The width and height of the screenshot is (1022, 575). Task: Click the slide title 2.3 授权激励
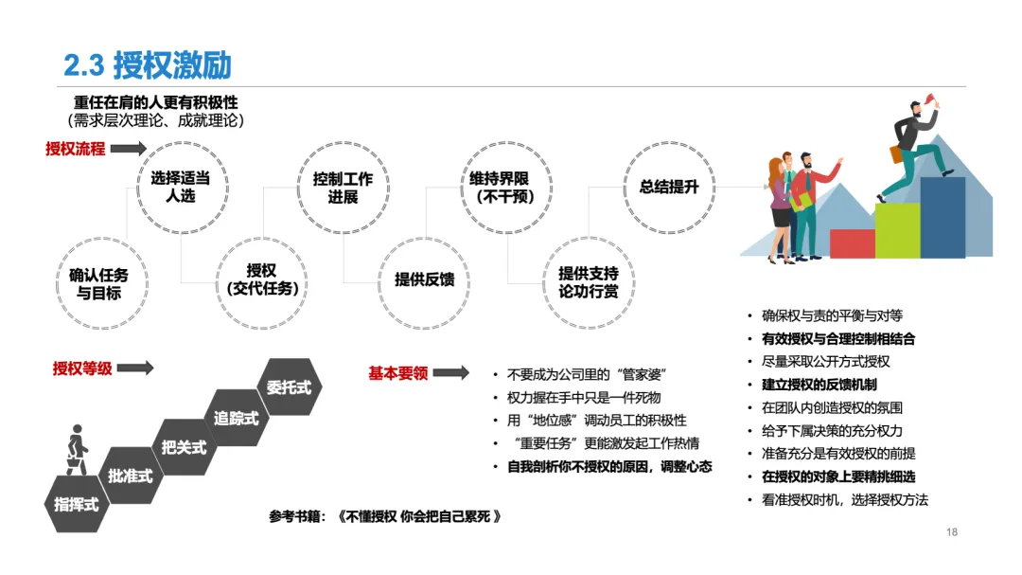tap(148, 64)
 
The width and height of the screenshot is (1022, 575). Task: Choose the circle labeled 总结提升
tap(668, 187)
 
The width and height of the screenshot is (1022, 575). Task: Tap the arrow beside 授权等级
tap(135, 368)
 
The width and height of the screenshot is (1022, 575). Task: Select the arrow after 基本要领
tap(450, 373)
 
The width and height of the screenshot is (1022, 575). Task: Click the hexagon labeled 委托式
tap(289, 387)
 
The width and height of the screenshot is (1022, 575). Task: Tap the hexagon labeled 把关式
tap(184, 446)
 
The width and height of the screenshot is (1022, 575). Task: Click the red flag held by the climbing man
tap(930, 98)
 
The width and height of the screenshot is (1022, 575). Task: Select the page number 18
tap(952, 532)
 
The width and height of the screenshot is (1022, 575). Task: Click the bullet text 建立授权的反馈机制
tap(819, 385)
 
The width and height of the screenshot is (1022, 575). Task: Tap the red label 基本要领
tap(397, 373)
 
